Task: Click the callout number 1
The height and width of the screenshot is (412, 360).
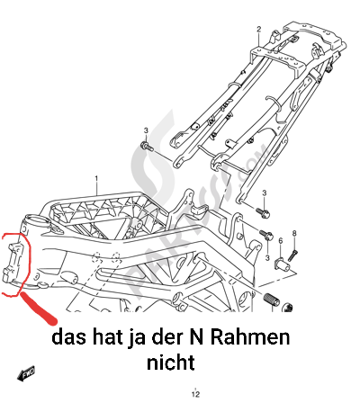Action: [x=96, y=178]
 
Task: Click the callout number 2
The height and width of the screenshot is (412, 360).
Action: [x=259, y=29]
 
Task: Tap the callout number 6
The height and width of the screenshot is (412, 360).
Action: [x=281, y=241]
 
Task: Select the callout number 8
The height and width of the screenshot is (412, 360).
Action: [x=294, y=233]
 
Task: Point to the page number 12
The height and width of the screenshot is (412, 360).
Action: [x=195, y=394]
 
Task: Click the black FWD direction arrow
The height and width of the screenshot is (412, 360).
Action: [x=26, y=372]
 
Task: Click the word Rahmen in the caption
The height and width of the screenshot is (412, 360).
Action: [x=250, y=338]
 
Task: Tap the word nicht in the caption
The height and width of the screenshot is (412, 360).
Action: [x=171, y=363]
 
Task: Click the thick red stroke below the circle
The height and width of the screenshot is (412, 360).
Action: [x=39, y=309]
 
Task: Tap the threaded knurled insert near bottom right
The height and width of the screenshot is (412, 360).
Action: [x=272, y=299]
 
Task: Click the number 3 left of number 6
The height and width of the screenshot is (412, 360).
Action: [x=267, y=258]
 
